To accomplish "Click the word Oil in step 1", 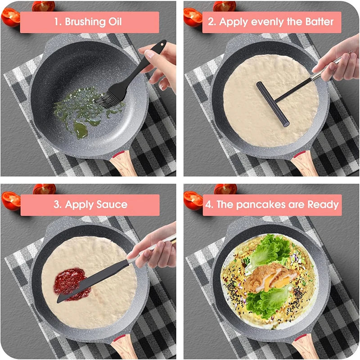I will [112, 22].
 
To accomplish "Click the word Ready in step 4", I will [323, 205].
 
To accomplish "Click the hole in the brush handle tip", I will [160, 45].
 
